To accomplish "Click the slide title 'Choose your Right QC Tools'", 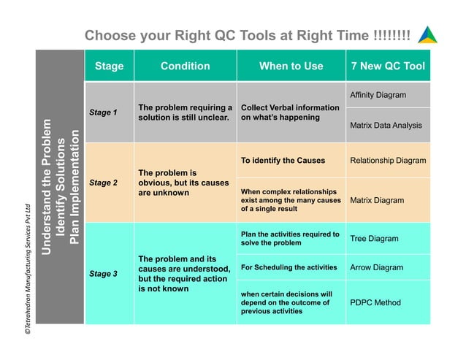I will coord(247,36).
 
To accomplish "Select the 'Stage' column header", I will coord(110,66).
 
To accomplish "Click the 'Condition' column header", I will coord(185,66).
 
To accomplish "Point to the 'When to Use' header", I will coord(291,66).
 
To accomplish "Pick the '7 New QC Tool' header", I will coord(388,66).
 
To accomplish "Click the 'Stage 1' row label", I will coord(103,112).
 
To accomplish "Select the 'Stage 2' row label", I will coord(103,183).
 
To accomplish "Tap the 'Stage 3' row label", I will coord(103,274).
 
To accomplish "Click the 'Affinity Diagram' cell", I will coord(378,96).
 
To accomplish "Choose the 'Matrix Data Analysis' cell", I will coord(386,126).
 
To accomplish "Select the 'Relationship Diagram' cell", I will coord(388,161).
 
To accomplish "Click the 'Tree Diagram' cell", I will coord(374,239).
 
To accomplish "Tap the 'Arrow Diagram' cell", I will coord(376,267).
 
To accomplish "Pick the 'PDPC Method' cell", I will coord(375,302).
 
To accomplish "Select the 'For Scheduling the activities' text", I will coord(289,267).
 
